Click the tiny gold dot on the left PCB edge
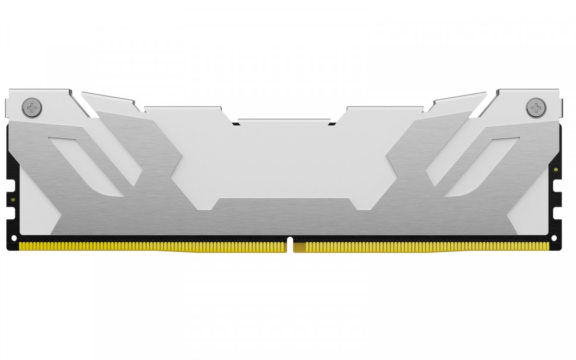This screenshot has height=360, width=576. tap(13, 198)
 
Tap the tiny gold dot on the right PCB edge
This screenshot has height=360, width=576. tap(555, 168)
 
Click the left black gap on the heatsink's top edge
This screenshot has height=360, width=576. tap(235, 123)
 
